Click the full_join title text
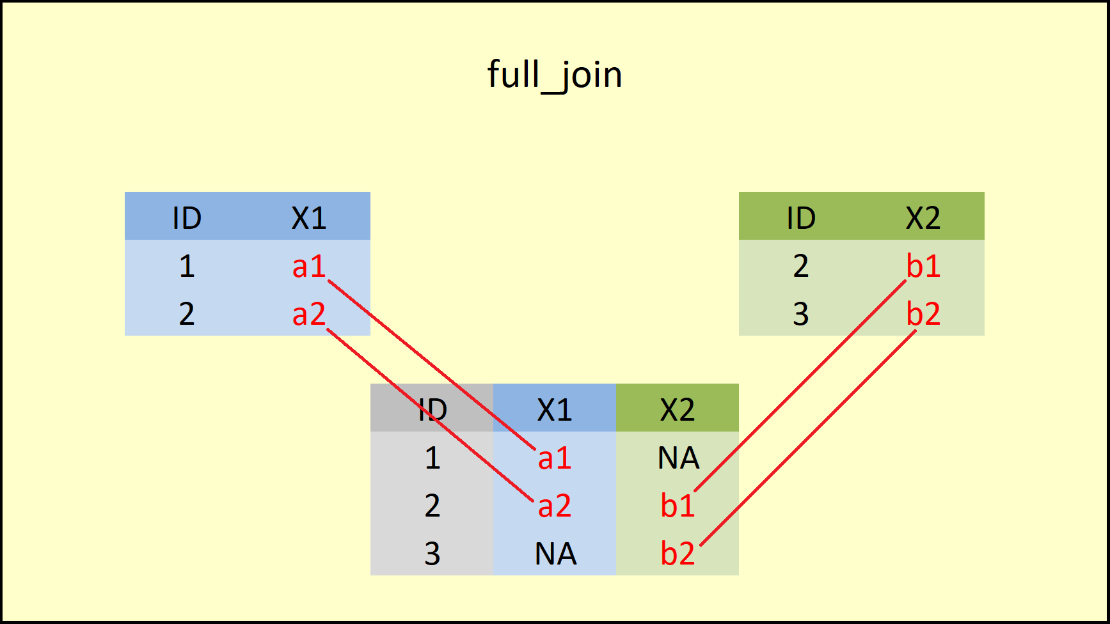(x=555, y=75)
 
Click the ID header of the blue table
(x=187, y=218)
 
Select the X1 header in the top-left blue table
(x=309, y=218)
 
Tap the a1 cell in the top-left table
(x=309, y=266)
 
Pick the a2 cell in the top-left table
(x=309, y=314)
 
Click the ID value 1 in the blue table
(x=187, y=266)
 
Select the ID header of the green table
(x=801, y=218)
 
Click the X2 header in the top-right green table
(x=923, y=218)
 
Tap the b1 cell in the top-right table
(x=923, y=266)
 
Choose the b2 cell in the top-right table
(x=923, y=314)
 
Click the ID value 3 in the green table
(x=801, y=314)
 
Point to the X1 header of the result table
(x=555, y=410)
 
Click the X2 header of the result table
(x=678, y=410)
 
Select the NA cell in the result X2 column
(x=678, y=458)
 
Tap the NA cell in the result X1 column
(x=555, y=554)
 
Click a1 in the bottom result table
(x=555, y=458)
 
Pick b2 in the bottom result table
(x=678, y=554)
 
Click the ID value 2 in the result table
(x=432, y=506)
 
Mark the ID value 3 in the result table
(x=432, y=554)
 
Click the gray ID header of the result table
(x=432, y=410)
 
